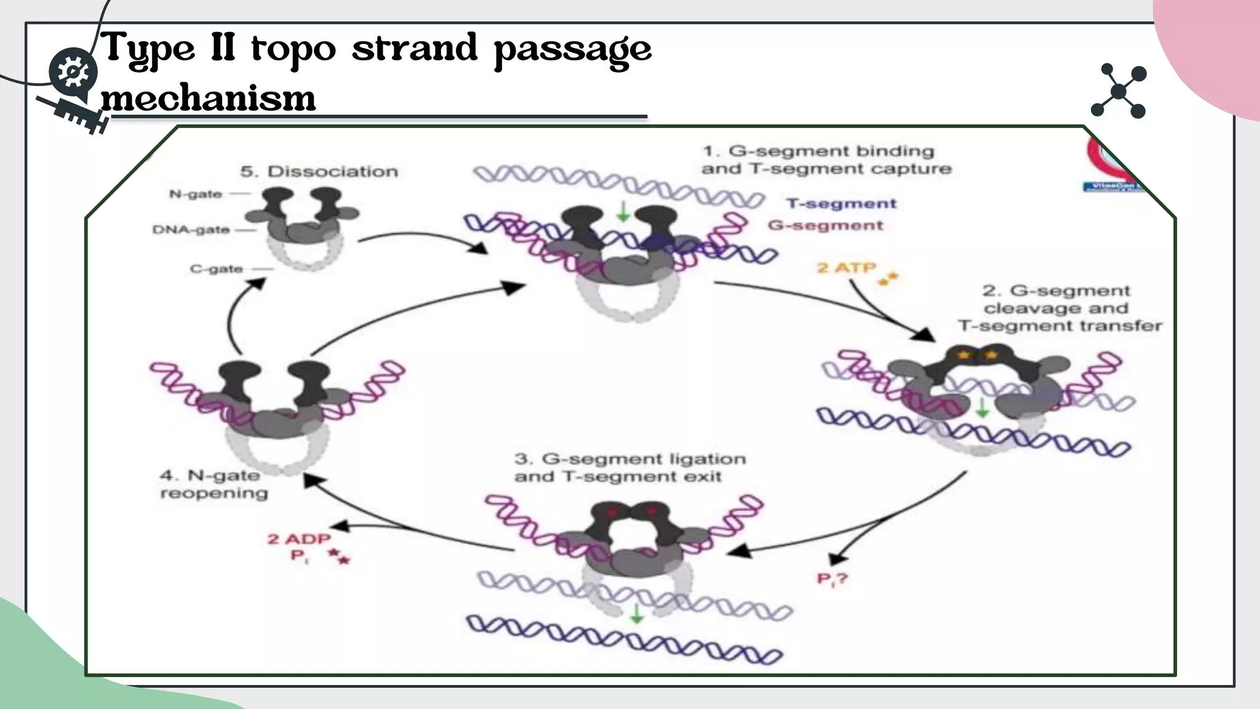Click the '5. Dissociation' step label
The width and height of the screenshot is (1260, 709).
[x=319, y=172]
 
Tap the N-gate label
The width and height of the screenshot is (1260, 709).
[x=196, y=194]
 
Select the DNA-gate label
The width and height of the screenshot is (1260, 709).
[x=191, y=230]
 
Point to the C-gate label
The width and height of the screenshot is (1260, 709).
[x=216, y=269]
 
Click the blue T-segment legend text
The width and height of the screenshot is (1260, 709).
[x=841, y=204]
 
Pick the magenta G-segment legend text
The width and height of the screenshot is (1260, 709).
[x=825, y=226]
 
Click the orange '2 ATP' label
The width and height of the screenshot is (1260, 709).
[x=846, y=268]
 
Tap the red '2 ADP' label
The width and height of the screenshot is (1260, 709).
[x=299, y=539]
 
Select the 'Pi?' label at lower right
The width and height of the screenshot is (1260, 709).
[x=832, y=579]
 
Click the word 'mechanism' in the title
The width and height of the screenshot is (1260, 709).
[x=209, y=98]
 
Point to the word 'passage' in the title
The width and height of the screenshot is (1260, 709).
[x=573, y=49]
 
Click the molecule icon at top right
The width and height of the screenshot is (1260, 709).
[x=1118, y=91]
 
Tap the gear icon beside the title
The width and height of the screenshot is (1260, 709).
[x=73, y=73]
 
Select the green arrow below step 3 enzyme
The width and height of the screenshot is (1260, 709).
[x=637, y=613]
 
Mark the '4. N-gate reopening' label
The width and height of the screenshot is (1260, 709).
[x=213, y=484]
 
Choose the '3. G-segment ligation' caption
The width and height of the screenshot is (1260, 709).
[x=629, y=468]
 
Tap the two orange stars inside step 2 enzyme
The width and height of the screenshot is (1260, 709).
[x=977, y=355]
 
